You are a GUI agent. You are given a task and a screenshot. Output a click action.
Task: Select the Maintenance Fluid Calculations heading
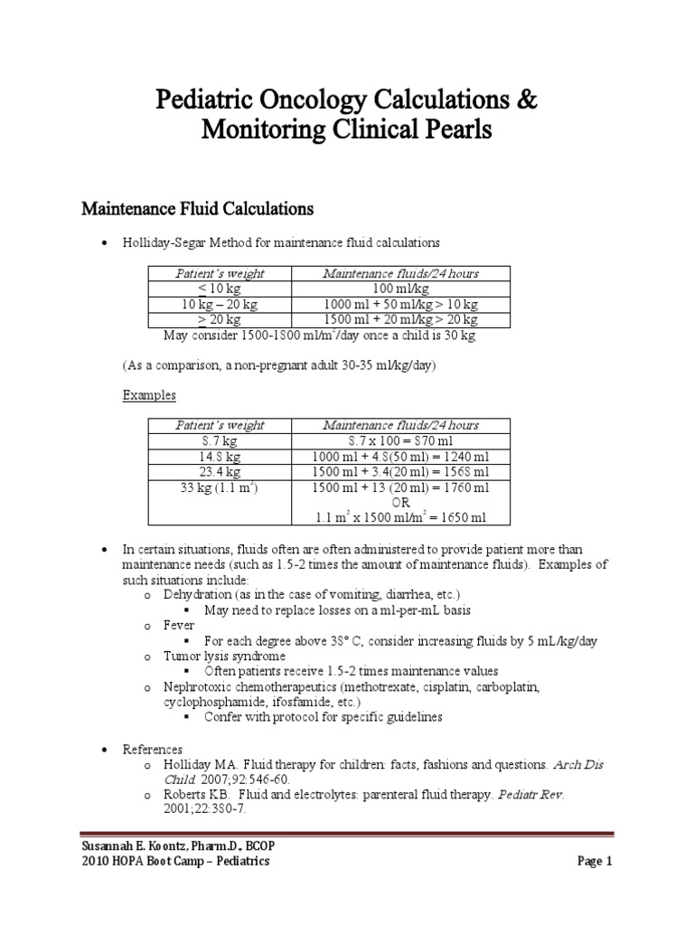tap(198, 210)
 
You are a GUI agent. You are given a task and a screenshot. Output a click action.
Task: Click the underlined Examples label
tap(149, 396)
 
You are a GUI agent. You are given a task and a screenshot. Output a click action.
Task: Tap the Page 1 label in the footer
tap(595, 861)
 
